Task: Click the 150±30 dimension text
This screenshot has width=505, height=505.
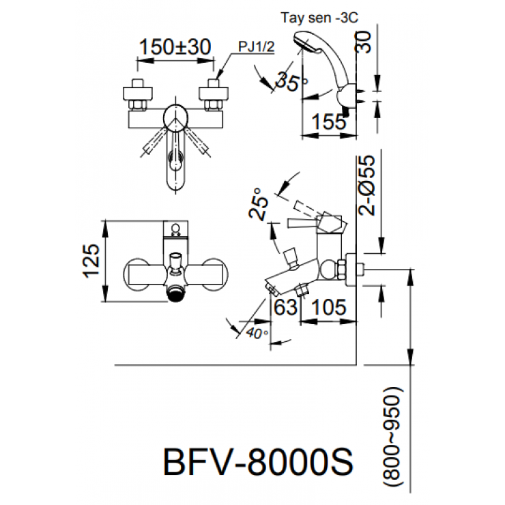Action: pyautogui.click(x=175, y=47)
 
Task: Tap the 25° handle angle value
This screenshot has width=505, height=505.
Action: pyautogui.click(x=256, y=203)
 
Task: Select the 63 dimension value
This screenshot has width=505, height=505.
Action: pyautogui.click(x=286, y=308)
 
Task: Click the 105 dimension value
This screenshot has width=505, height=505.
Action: pyautogui.click(x=329, y=308)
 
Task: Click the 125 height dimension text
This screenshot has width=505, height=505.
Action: pyautogui.click(x=93, y=261)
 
